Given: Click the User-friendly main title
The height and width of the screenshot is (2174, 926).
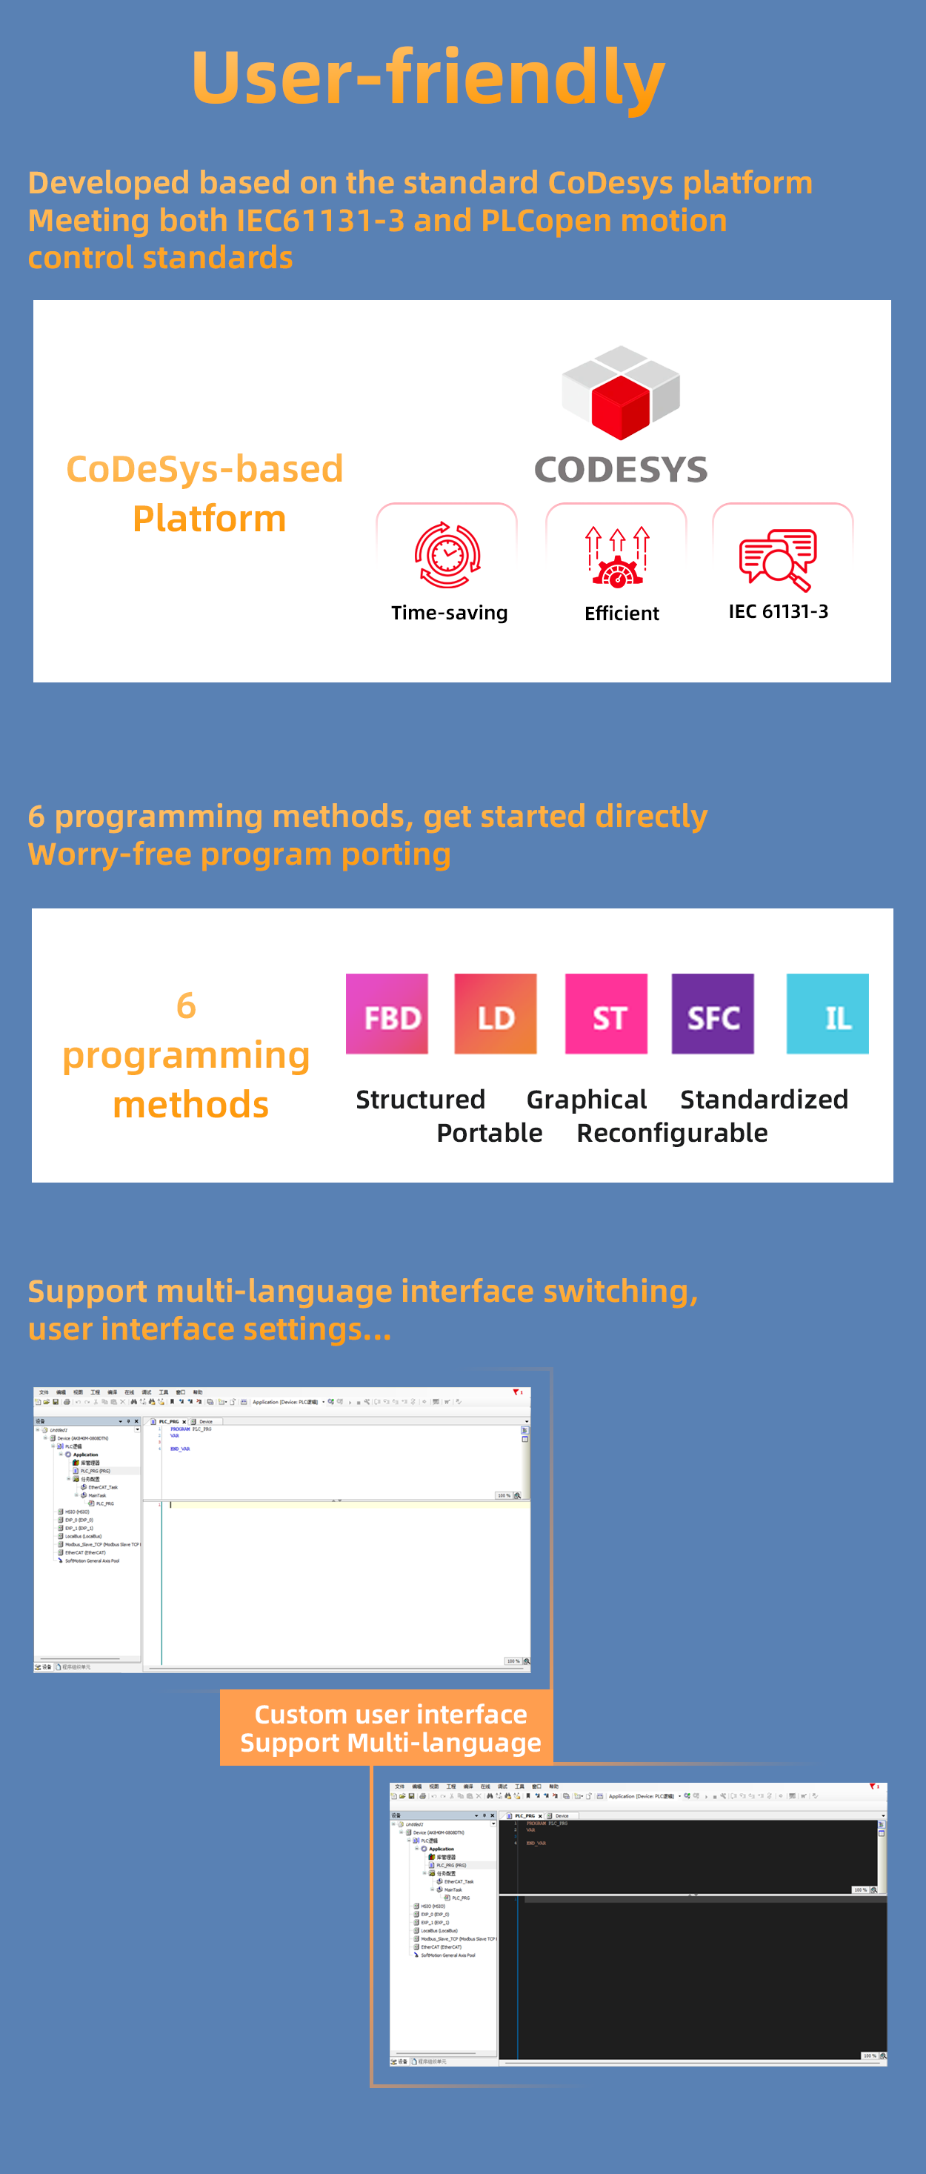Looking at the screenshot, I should [x=428, y=78].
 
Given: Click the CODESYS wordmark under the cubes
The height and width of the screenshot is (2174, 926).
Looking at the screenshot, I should [x=621, y=470].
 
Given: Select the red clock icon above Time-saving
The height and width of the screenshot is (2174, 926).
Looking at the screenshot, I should [x=447, y=554].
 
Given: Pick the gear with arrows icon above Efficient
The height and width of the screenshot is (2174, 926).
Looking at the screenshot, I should [x=617, y=556].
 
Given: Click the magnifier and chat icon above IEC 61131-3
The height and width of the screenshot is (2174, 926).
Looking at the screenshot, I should [x=777, y=558].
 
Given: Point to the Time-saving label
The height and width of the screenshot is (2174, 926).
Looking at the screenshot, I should [x=449, y=613].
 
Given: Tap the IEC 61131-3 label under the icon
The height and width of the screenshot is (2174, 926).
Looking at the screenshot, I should [x=779, y=611].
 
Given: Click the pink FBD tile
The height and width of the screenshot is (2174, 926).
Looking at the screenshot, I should [x=387, y=1014].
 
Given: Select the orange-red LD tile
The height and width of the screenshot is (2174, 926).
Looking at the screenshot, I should [x=496, y=1014].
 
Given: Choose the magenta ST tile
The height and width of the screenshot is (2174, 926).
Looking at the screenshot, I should [x=606, y=1014].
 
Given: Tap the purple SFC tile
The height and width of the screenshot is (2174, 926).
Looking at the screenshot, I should [x=713, y=1014].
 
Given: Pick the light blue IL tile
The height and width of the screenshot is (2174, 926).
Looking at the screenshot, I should [x=827, y=1014].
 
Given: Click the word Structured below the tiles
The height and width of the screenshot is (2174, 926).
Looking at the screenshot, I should [x=420, y=1099].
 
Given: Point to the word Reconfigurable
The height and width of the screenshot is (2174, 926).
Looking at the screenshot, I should [x=672, y=1133].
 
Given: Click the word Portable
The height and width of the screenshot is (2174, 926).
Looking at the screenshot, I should [x=490, y=1133].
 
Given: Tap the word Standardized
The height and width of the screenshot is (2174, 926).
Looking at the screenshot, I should [x=764, y=1099].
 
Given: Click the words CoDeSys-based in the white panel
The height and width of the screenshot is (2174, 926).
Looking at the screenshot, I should [x=205, y=469].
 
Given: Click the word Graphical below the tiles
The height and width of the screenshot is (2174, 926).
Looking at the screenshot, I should [x=587, y=1099].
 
